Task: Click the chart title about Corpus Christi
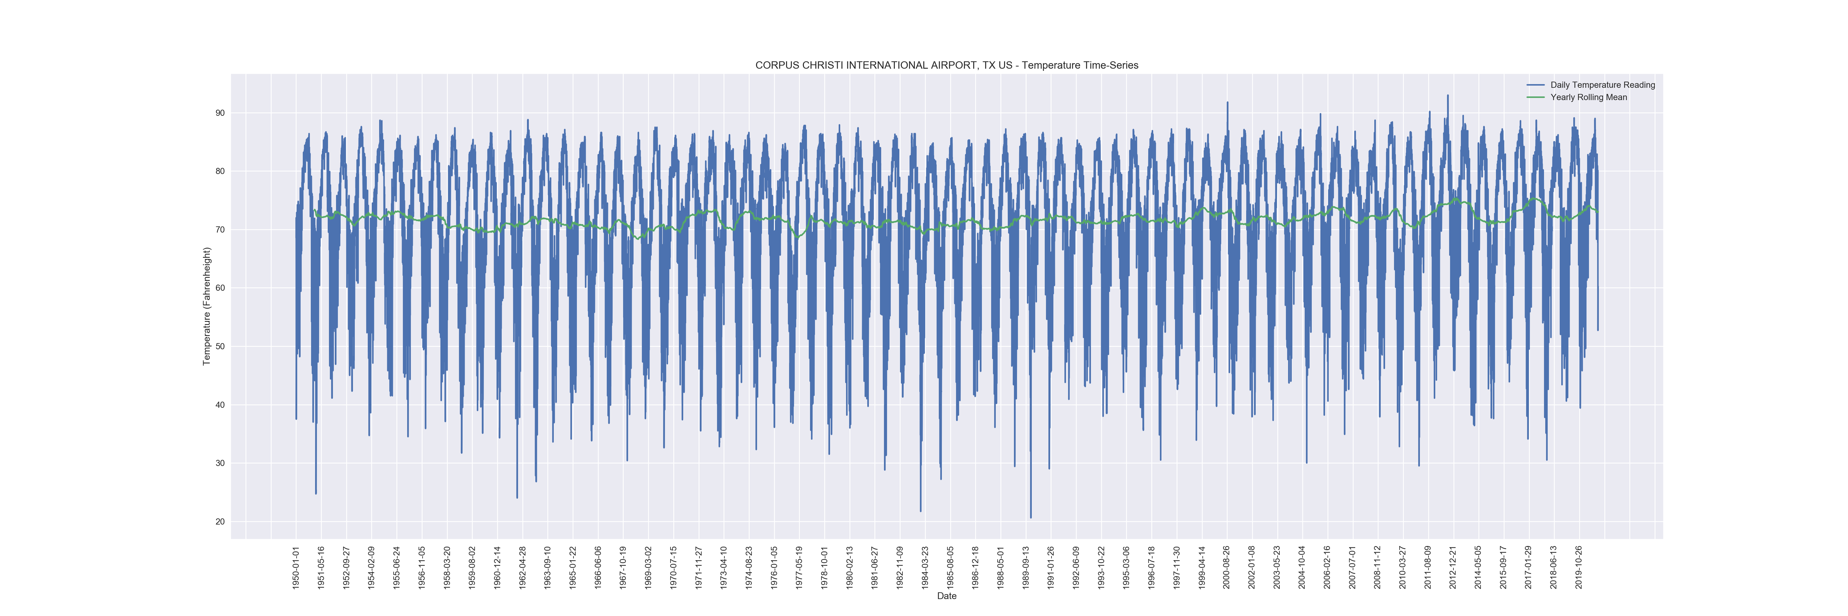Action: coord(946,65)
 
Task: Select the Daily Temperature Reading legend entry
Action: coord(1602,85)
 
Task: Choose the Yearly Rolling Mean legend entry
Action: coord(1588,98)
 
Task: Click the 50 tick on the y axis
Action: coord(220,346)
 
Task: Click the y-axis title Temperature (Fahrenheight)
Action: coord(207,306)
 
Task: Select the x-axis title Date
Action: coord(946,596)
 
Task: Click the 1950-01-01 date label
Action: coord(296,567)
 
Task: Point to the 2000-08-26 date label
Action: coord(1227,567)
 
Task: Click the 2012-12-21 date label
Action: coord(1453,567)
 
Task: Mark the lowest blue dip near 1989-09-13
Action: coord(1031,517)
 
